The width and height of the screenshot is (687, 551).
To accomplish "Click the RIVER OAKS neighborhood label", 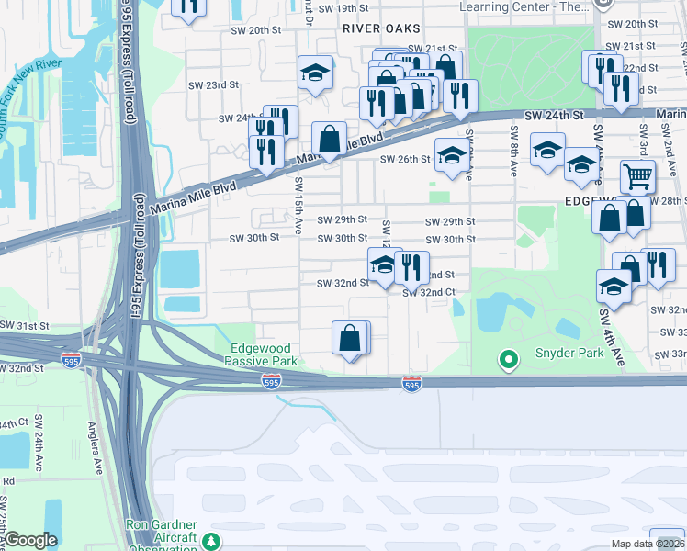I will click(x=374, y=28).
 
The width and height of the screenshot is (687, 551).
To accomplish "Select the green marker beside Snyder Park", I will click(x=506, y=359).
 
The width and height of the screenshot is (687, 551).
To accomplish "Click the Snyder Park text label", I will click(x=570, y=354).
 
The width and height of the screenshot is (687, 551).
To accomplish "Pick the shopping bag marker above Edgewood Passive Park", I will click(x=350, y=337).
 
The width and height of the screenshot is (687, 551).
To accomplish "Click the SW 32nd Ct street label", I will click(x=429, y=292).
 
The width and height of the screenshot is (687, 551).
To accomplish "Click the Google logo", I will click(x=30, y=540).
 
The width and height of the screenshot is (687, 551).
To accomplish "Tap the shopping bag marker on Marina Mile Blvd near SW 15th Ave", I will click(x=329, y=139).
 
